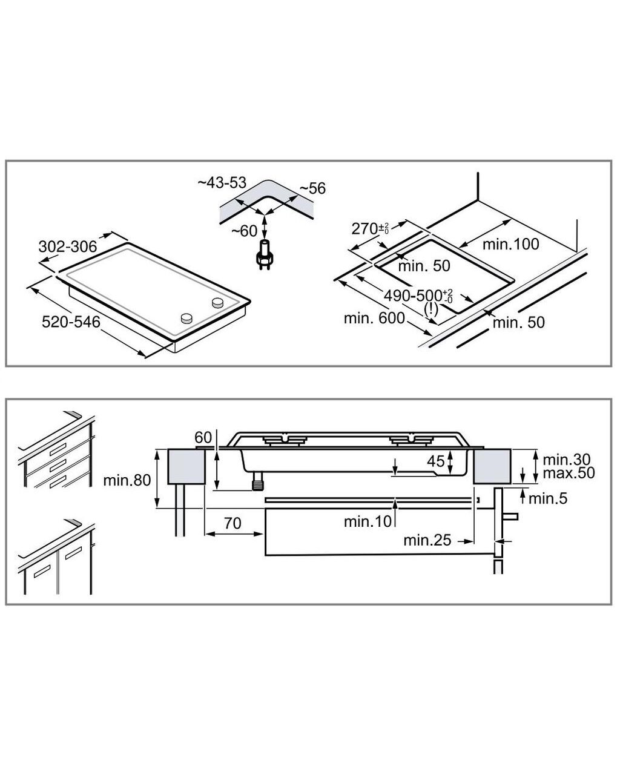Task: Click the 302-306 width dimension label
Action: (68, 246)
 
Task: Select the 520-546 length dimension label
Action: (71, 322)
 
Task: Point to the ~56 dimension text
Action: (313, 188)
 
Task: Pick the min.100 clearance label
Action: (511, 244)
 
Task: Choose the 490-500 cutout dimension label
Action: (418, 296)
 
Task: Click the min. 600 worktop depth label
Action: (374, 319)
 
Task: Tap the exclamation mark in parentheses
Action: (431, 309)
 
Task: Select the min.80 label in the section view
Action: (127, 480)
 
